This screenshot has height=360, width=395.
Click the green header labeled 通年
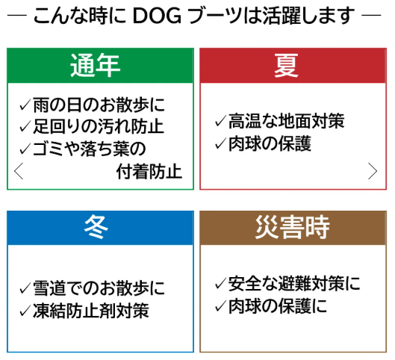coord(100,66)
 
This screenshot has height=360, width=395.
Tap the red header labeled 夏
coord(294,66)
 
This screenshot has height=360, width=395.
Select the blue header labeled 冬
coord(100,227)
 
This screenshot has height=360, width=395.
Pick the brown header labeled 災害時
coord(294,227)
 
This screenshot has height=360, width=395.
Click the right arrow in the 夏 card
coord(373,171)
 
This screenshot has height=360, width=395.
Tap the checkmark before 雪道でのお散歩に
coord(25,288)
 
